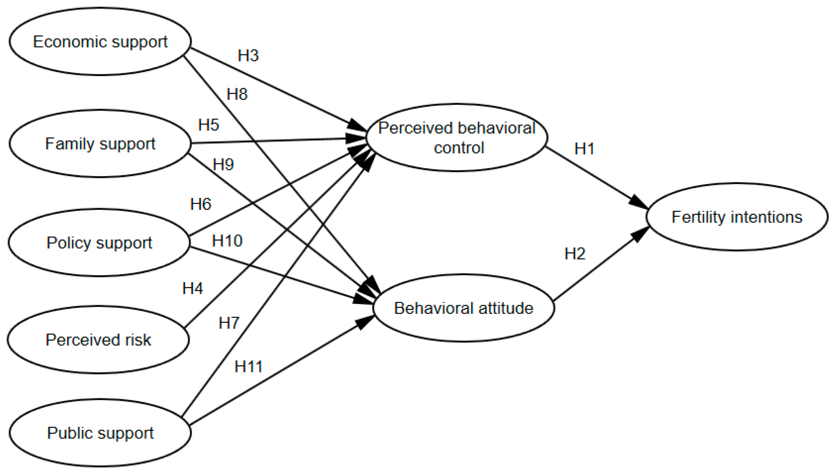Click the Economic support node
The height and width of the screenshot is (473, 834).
100,41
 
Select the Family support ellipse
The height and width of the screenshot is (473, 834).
100,144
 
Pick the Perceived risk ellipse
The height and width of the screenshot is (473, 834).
98,340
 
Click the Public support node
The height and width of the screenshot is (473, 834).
100,433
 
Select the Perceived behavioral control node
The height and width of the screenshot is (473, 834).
457,138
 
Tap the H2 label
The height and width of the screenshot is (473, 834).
575,253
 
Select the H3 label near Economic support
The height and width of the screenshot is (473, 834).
248,55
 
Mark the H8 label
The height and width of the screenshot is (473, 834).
237,94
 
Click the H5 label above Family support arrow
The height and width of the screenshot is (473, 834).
208,125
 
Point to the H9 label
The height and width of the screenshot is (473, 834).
223,164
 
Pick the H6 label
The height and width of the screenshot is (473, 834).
201,204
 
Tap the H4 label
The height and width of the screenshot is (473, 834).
193,288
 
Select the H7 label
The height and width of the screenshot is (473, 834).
229,323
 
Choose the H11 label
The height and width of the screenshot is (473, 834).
248,367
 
